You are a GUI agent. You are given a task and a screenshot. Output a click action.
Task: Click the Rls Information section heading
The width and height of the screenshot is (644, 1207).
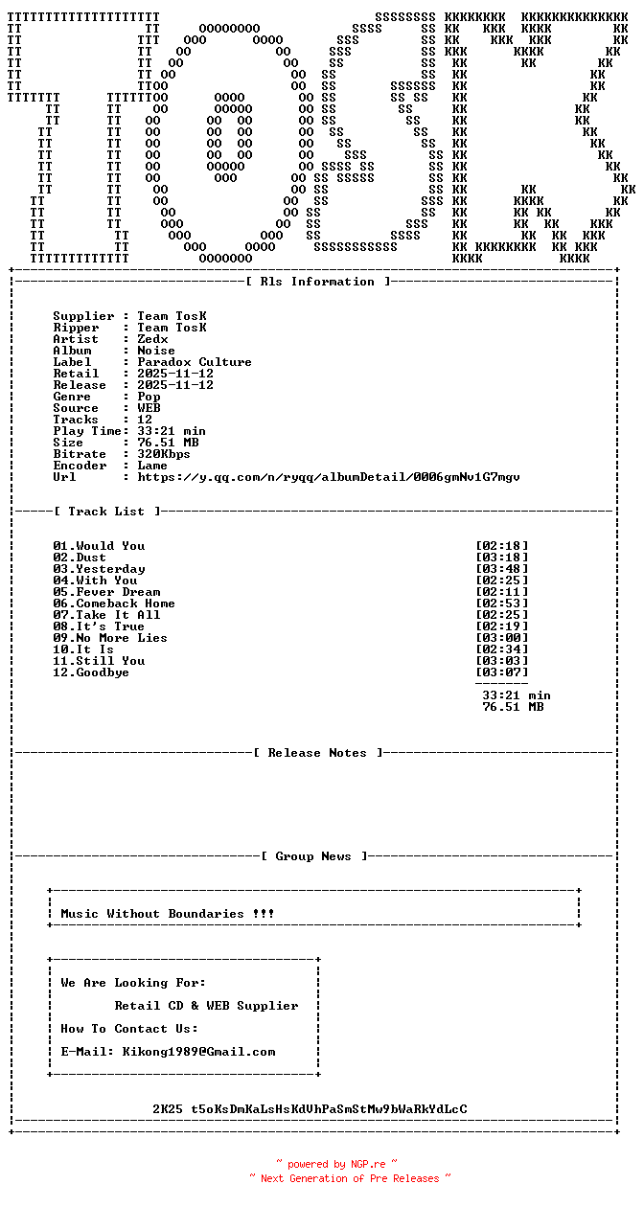tap(317, 282)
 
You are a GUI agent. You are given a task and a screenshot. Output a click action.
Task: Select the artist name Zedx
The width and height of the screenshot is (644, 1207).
tap(152, 339)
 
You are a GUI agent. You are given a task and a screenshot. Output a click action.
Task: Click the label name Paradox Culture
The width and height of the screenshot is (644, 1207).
tap(195, 362)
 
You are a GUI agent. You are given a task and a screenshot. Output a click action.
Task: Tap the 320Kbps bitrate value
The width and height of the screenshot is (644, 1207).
tap(164, 454)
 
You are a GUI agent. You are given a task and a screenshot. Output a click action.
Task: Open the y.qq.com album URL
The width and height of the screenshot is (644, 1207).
tap(329, 477)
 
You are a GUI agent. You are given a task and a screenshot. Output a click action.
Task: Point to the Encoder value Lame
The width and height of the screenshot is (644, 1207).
tap(152, 466)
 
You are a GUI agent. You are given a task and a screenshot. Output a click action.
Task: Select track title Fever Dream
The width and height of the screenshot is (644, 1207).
tap(118, 592)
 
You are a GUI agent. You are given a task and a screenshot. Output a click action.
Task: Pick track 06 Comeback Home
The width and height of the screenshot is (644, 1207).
tap(114, 603)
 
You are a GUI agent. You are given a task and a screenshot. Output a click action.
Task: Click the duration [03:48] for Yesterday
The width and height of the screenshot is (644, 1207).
tap(501, 569)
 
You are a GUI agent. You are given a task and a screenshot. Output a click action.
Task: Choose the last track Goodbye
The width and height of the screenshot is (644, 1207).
tap(103, 672)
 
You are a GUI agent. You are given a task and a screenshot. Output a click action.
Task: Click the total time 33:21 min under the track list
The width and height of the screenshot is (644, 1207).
tap(516, 695)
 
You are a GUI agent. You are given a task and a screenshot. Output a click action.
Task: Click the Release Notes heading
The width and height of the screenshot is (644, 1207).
tap(317, 753)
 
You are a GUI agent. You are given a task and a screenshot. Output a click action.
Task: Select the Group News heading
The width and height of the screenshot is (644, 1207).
tap(313, 856)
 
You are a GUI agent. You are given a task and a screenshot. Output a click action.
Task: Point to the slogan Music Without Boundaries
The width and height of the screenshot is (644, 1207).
tap(168, 914)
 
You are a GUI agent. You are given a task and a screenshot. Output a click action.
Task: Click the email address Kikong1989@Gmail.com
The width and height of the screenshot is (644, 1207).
tap(198, 1052)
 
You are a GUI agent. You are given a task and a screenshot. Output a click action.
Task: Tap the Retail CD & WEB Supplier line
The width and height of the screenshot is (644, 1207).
tap(206, 1006)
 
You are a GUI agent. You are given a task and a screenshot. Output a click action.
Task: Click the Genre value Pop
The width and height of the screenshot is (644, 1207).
tap(149, 397)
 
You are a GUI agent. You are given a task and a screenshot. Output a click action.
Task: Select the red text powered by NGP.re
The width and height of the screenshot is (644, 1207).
tap(336, 1165)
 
